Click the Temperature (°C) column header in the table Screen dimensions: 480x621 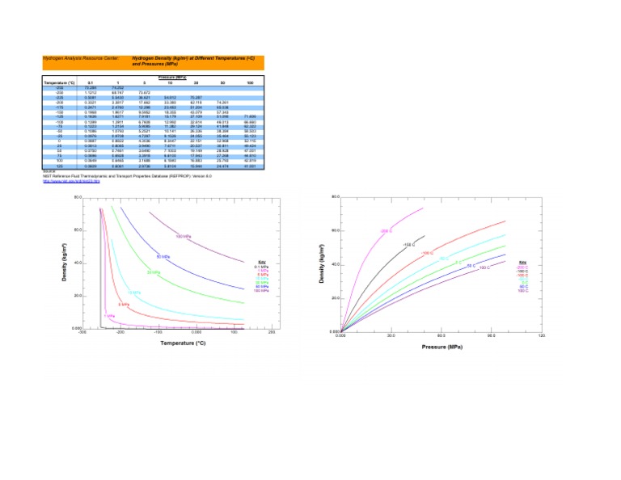pos(59,83)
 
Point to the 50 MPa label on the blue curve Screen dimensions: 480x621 pos(163,257)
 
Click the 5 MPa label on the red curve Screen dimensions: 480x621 pos(124,305)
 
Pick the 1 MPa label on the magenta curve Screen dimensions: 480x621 pos(108,316)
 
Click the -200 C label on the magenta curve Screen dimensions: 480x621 pos(386,231)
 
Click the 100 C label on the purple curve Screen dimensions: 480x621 pos(484,267)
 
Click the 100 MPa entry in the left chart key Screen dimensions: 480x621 pos(262,290)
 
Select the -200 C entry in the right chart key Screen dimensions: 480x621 pos(522,267)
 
